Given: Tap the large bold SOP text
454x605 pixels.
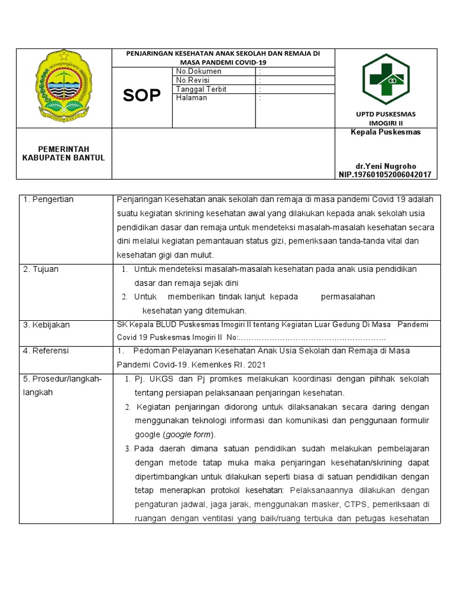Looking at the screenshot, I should tap(142, 96).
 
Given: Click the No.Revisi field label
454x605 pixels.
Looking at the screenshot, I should tap(194, 80).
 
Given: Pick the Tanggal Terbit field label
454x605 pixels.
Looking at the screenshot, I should tap(202, 89).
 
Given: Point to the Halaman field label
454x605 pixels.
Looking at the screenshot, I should tap(192, 98).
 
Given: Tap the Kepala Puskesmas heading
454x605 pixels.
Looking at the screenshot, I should tap(385, 132).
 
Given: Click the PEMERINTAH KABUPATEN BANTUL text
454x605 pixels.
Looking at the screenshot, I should tap(63, 154).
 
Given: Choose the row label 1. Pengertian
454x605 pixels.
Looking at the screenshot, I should tap(48, 200).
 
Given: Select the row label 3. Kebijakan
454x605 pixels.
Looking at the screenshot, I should tap(47, 325).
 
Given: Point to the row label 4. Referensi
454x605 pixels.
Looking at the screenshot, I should tap(46, 351).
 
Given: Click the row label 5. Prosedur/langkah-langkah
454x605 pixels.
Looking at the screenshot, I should tap(62, 385).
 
